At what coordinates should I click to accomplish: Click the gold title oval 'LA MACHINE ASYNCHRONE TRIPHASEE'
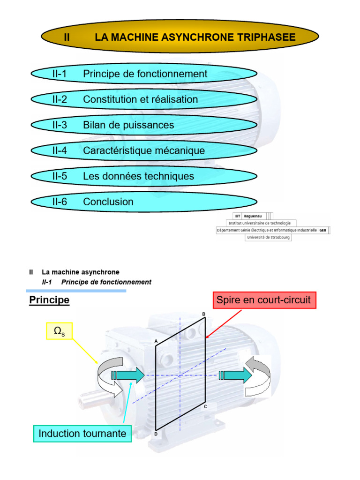(x=180, y=37)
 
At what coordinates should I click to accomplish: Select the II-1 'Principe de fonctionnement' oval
(x=144, y=74)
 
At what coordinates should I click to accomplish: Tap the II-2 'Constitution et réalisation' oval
(x=144, y=99)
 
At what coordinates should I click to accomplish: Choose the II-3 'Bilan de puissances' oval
(x=144, y=125)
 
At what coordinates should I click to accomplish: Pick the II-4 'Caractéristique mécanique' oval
(x=144, y=150)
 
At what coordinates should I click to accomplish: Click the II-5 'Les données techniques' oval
(x=144, y=176)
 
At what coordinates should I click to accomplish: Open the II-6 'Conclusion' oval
(x=144, y=202)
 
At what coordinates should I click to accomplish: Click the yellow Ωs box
(x=59, y=332)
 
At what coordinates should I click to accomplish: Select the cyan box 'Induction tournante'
(x=82, y=434)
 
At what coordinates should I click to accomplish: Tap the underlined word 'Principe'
(x=49, y=300)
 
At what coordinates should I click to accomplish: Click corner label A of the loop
(x=156, y=342)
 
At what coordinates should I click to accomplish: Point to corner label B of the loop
(x=203, y=314)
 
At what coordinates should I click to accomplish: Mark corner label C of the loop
(x=205, y=406)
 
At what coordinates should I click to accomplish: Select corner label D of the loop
(x=156, y=435)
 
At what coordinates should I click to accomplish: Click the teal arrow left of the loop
(x=128, y=375)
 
